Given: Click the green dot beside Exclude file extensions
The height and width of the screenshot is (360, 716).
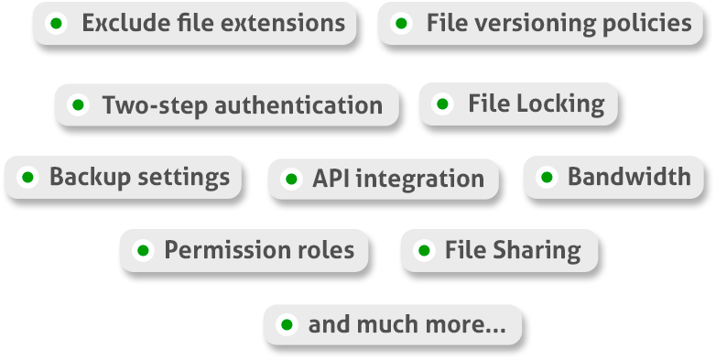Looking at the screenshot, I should click(57, 24).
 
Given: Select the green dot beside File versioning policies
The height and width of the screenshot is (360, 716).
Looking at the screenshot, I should click(401, 24).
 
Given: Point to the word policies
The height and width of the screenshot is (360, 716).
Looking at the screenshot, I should click(641, 24).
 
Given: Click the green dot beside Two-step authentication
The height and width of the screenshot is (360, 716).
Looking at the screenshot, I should click(78, 105).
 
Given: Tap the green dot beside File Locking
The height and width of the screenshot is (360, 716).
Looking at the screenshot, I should click(443, 104).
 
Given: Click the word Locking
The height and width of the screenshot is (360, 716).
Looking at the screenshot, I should click(562, 104).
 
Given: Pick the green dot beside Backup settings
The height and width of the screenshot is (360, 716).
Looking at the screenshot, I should click(27, 177).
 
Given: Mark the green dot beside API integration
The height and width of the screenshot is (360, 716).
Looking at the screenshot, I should click(291, 179).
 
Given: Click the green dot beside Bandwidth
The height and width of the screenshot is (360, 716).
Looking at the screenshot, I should click(547, 177).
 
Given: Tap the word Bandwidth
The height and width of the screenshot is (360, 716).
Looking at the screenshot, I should click(629, 177).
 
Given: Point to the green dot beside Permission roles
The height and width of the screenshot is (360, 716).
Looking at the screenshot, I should click(143, 250).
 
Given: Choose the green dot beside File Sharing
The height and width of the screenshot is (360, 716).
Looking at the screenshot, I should click(424, 250).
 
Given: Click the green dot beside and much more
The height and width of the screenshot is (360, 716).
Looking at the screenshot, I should click(287, 324).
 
